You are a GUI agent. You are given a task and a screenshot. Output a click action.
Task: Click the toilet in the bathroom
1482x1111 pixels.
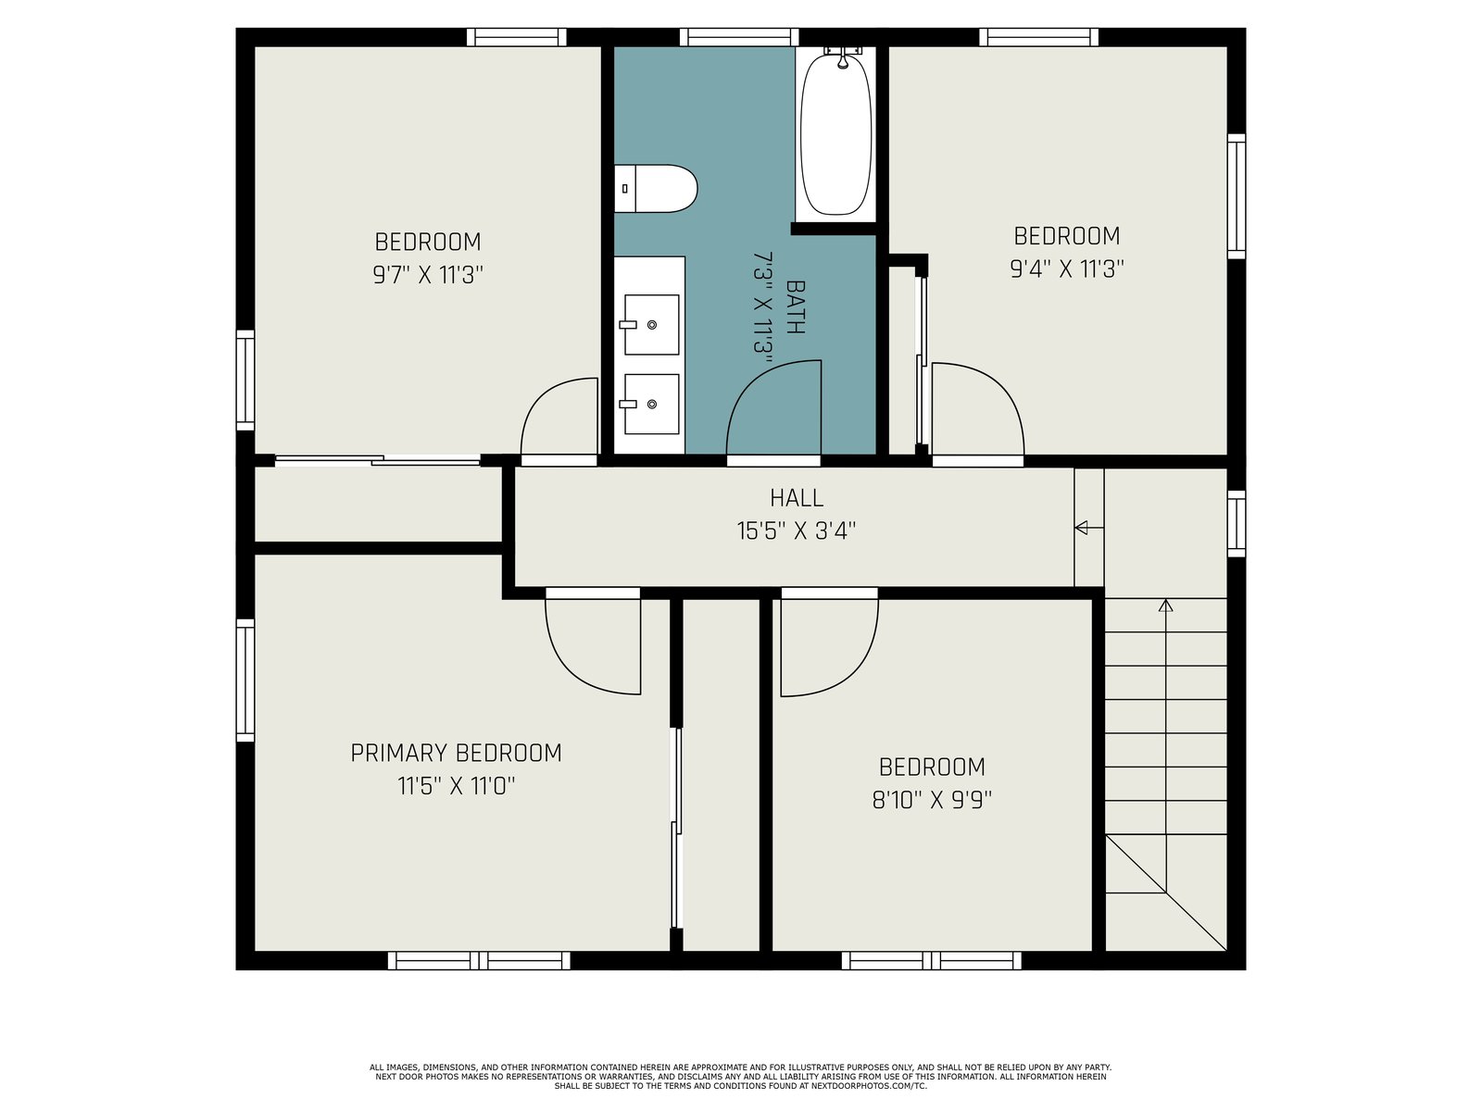pyautogui.click(x=655, y=189)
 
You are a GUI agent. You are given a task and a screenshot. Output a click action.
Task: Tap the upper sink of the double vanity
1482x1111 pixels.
pyautogui.click(x=651, y=324)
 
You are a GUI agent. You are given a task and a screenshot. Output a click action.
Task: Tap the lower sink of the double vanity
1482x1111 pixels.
pyautogui.click(x=651, y=404)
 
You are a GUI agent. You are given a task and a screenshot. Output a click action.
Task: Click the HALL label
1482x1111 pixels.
pyautogui.click(x=797, y=498)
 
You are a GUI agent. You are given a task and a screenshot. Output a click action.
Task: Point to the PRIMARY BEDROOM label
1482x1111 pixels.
pyautogui.click(x=456, y=753)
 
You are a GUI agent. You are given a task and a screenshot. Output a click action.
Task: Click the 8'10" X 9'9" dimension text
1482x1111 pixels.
pyautogui.click(x=932, y=800)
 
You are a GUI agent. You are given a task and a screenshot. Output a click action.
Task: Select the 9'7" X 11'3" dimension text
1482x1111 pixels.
pyautogui.click(x=428, y=275)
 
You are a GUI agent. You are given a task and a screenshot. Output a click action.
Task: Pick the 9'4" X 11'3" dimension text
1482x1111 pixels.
pyautogui.click(x=1067, y=269)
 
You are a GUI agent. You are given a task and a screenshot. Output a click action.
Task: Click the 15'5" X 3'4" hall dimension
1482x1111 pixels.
pyautogui.click(x=797, y=531)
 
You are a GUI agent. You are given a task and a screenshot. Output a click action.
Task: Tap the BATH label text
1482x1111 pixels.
pyautogui.click(x=796, y=307)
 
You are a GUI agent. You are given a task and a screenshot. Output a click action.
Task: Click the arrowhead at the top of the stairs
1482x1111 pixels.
pyautogui.click(x=1165, y=605)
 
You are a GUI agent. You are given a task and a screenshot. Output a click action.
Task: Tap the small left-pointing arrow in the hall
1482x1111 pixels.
pyautogui.click(x=1081, y=528)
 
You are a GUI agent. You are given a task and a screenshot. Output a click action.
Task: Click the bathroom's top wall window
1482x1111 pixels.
pyautogui.click(x=738, y=37)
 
